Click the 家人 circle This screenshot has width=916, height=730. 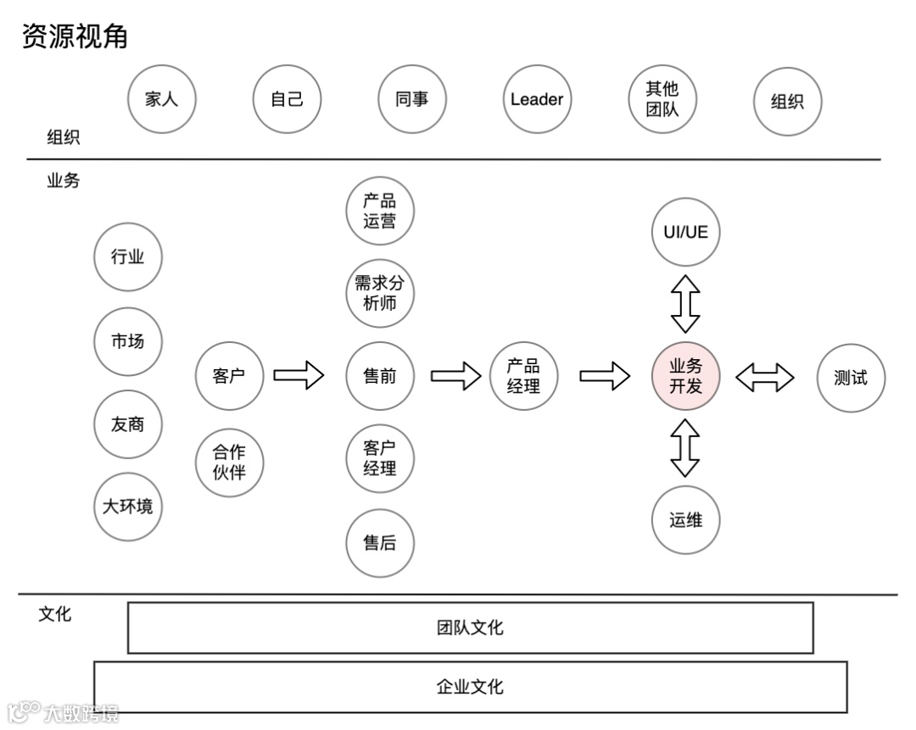(x=160, y=99)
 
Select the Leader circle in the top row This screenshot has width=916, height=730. (x=537, y=99)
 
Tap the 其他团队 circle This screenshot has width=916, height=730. (x=662, y=99)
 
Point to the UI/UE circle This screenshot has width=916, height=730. (x=685, y=232)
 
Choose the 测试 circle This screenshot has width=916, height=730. (x=851, y=378)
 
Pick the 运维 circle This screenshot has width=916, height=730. (x=685, y=520)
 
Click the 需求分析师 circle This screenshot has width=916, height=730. (x=379, y=294)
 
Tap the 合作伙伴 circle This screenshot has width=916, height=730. (x=229, y=463)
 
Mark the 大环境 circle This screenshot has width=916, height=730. (x=127, y=507)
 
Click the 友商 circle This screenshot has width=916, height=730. (x=127, y=424)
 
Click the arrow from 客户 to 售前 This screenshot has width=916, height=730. (x=299, y=374)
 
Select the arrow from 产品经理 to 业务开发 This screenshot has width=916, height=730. (x=605, y=375)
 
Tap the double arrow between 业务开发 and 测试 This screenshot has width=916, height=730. (x=764, y=378)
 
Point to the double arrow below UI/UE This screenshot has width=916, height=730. (x=685, y=303)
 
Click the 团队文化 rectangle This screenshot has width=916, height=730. (x=470, y=628)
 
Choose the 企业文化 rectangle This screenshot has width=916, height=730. (x=470, y=686)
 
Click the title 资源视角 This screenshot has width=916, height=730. (x=75, y=36)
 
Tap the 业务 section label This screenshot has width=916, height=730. (x=63, y=180)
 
